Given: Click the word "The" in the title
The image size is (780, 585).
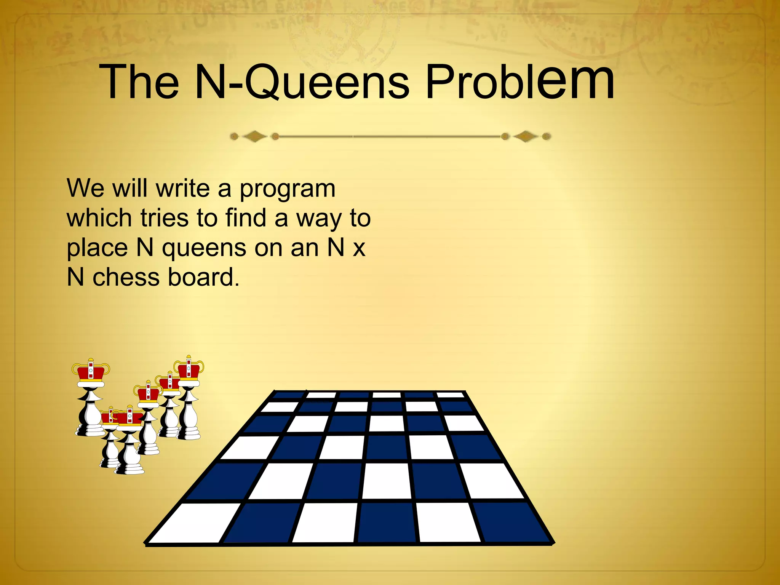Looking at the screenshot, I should pyautogui.click(x=139, y=82).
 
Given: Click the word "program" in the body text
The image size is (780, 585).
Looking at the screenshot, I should pyautogui.click(x=287, y=190).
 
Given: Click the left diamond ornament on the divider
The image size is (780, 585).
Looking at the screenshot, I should pyautogui.click(x=254, y=136).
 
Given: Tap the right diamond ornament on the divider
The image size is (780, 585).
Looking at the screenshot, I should pyautogui.click(x=526, y=136).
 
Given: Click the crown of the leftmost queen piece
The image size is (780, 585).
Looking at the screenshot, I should pyautogui.click(x=91, y=371).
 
